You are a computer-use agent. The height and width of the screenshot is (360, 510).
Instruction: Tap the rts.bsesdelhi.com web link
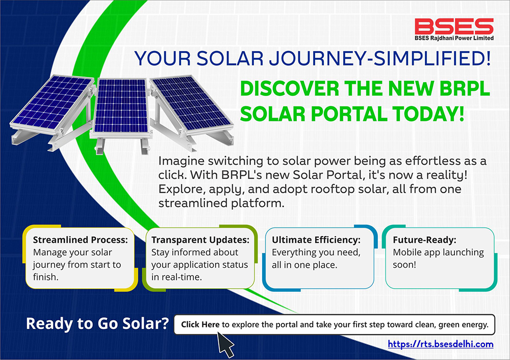pos(441,344)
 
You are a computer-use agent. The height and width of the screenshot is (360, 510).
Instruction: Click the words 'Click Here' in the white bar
pos(200,324)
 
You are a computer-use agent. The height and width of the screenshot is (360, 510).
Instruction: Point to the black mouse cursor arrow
pos(225,344)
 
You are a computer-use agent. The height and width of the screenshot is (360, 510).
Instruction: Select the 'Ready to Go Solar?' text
pos(97,323)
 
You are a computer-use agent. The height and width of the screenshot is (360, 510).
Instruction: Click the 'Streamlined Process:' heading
pos(81,240)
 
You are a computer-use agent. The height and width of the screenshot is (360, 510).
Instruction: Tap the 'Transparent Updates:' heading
pos(200,240)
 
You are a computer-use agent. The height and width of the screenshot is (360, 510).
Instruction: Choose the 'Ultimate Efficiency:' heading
pos(316,240)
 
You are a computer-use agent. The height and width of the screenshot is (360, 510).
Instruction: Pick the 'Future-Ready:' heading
pos(424,240)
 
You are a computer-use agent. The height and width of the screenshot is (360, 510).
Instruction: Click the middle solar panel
pos(121,107)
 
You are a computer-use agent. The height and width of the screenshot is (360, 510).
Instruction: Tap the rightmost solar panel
pos(191,105)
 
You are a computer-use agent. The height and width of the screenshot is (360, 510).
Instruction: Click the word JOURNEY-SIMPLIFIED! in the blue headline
pos(379,59)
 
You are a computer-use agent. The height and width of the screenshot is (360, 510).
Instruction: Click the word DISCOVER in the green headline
pos(290,88)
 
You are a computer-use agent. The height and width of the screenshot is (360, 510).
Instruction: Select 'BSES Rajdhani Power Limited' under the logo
pos(454,38)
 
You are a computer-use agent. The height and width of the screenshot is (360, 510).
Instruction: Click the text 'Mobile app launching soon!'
pos(438,258)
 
